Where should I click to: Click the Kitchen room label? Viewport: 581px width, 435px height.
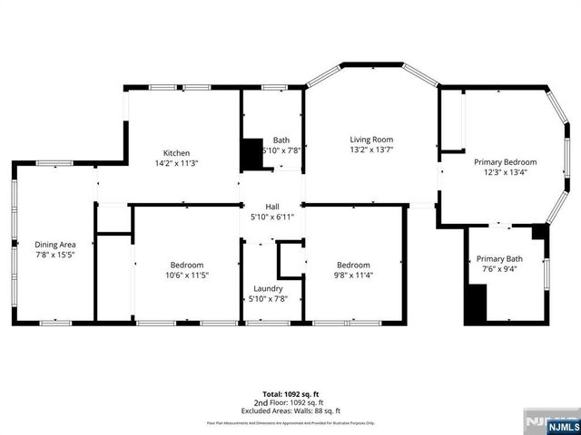176,152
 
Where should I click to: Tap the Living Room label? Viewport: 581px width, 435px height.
371,139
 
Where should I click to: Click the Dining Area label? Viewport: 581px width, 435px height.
54,245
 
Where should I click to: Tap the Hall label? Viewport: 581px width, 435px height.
271,207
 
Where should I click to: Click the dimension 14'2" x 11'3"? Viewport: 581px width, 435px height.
176,163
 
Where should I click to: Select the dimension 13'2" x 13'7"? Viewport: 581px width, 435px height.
371,150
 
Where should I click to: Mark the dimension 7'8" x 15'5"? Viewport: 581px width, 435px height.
54,256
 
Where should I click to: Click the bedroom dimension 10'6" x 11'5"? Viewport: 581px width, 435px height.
187,275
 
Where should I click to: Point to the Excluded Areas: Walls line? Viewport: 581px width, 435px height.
290,411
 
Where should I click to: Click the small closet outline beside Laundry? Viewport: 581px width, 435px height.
290,259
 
